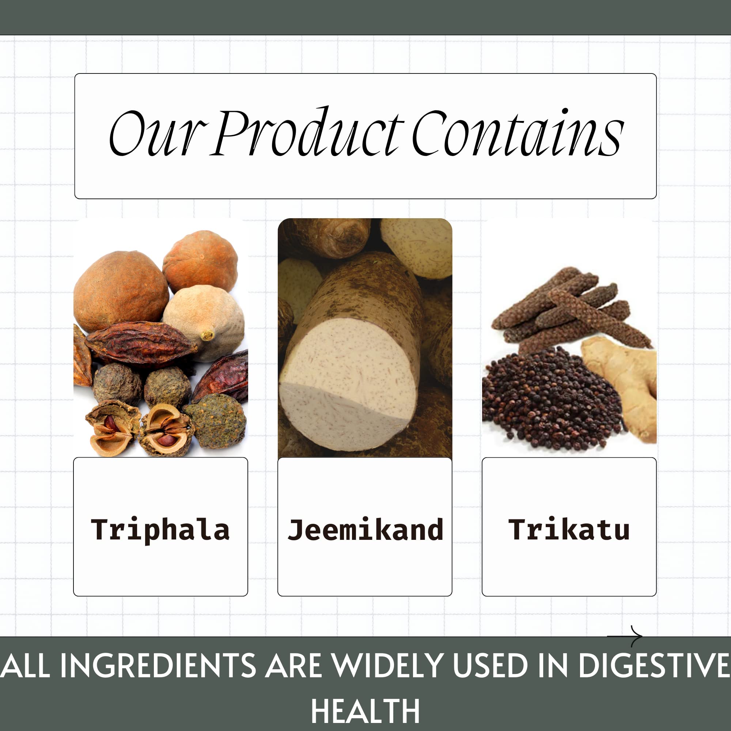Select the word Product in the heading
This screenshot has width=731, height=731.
pyautogui.click(x=307, y=132)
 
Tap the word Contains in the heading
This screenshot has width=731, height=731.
pyautogui.click(x=518, y=132)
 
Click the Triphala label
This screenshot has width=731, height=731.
pyautogui.click(x=160, y=530)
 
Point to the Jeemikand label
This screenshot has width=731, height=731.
pyautogui.click(x=365, y=529)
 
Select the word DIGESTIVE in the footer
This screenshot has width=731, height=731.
pyautogui.click(x=654, y=665)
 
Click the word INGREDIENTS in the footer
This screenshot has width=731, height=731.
pyautogui.click(x=159, y=665)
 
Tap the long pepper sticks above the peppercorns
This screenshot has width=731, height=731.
pyautogui.click(x=571, y=308)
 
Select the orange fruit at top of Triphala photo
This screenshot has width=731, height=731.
pyautogui.click(x=201, y=261)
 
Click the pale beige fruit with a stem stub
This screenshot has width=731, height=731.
pyautogui.click(x=204, y=322)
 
